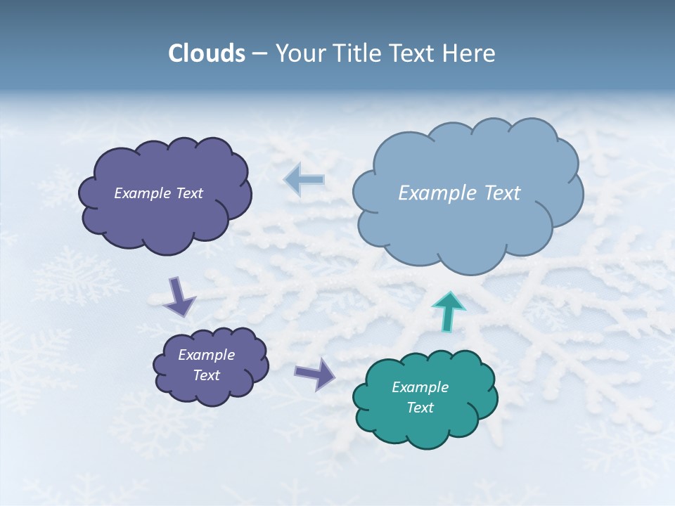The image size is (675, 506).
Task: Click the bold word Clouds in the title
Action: tap(207, 53)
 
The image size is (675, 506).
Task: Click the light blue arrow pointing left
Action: tap(304, 180)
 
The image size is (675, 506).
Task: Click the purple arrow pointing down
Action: tap(179, 296)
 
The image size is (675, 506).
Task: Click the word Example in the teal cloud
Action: tap(420, 387)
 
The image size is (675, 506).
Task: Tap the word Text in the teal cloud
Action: tap(420, 408)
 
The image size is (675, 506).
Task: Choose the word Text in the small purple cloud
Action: tap(206, 375)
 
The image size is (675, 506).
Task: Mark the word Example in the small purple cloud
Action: tap(206, 355)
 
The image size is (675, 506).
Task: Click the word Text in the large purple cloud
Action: tap(189, 193)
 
